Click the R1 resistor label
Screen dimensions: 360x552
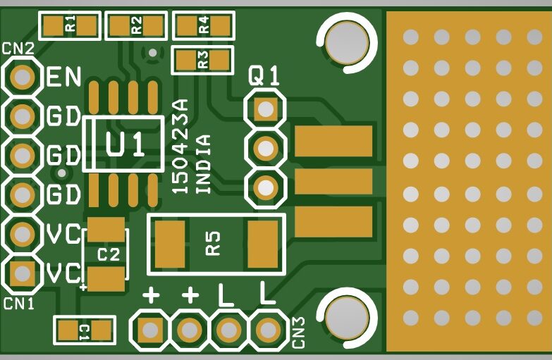70,26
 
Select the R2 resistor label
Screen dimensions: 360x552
136,26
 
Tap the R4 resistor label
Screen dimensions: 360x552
204,26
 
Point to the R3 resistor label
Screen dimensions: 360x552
203,60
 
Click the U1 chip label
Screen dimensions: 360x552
125,144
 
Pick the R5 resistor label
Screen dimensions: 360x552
214,243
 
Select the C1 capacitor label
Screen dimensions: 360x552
85,330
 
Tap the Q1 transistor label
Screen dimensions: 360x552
264,76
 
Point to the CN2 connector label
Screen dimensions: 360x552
18,49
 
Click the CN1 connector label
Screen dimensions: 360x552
19,304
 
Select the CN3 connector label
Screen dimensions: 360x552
298,332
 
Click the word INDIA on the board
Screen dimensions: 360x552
203,163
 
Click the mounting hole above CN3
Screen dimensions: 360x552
346,316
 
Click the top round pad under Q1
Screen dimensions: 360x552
265,109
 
